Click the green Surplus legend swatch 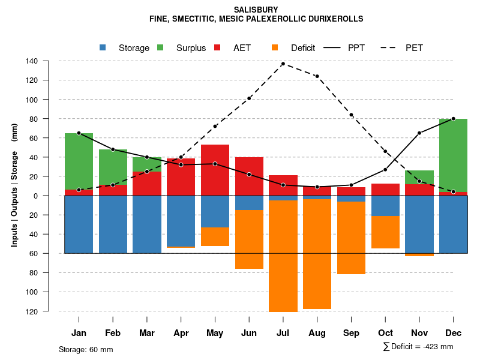coord(161,48)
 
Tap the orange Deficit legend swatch coord(275,48)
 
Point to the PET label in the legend coord(414,48)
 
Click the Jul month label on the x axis coord(283,333)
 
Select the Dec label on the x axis coord(453,333)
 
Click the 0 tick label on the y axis coord(52,196)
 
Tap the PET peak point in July coord(283,64)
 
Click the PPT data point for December coord(453,119)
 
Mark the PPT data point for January coord(79,133)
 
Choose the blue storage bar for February coord(113,224)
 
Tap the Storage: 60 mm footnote coord(86,349)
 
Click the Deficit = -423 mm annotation coord(418,347)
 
